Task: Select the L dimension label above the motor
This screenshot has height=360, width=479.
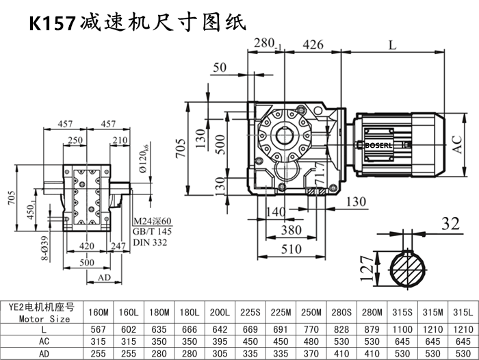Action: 392,45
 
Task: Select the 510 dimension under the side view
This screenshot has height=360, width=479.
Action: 295,248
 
